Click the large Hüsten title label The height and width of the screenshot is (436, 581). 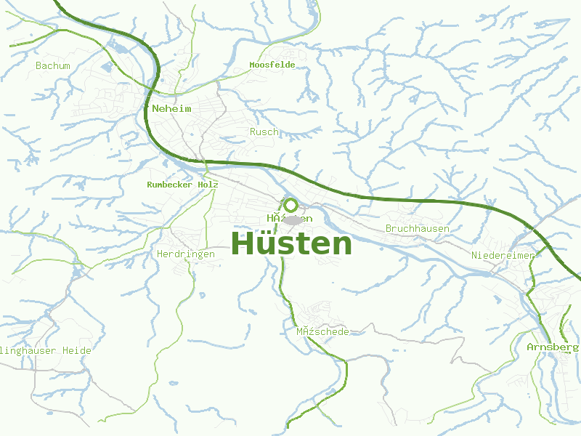[291, 244]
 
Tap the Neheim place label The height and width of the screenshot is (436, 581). [172, 108]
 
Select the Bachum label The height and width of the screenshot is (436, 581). [53, 65]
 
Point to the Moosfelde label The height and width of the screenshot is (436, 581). [272, 65]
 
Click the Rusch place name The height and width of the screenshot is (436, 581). [264, 132]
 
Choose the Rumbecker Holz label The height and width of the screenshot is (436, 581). [182, 185]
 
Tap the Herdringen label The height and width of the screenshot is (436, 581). [186, 254]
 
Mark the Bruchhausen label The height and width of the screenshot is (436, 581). [418, 228]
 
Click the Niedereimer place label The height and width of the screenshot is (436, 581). [503, 255]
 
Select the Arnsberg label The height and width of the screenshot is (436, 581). [552, 347]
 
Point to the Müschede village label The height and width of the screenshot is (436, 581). [322, 331]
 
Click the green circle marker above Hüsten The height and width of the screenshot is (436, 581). [290, 205]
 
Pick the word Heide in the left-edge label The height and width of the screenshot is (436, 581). [77, 350]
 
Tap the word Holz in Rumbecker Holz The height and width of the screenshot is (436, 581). [206, 185]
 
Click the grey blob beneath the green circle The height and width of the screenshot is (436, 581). [293, 220]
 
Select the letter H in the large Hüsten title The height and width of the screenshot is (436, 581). [244, 244]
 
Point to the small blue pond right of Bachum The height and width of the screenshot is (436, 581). [108, 68]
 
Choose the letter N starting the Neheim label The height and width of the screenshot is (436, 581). [155, 108]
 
